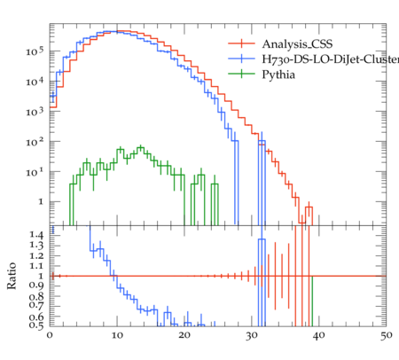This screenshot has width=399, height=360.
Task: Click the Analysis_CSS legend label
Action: pos(297,44)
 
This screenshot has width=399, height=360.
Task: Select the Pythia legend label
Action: pos(278,74)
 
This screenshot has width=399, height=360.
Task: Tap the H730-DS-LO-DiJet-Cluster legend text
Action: pos(331,59)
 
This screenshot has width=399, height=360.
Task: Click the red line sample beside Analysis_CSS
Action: pos(241,43)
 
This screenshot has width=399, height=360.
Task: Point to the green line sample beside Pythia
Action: pos(241,74)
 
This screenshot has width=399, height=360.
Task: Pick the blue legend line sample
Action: pos(241,59)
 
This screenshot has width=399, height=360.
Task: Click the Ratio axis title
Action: pos(12,276)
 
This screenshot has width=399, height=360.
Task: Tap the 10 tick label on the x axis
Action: pos(117,335)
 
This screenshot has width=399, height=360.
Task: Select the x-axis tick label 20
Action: pos(184,335)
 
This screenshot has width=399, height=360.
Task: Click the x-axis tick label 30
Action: pos(252,335)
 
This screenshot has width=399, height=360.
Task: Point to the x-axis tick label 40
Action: pos(319,335)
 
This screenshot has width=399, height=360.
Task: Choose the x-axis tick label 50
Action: pos(387,335)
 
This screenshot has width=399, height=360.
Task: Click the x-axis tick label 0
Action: pos(50,335)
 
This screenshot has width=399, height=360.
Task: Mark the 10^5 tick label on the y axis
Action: pos(35,51)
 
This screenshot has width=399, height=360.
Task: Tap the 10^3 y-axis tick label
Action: pos(35,112)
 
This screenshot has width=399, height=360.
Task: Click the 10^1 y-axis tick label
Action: pos(35,172)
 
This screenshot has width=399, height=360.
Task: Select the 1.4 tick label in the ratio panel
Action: pos(36,235)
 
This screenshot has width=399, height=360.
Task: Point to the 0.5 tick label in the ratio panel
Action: pos(36,325)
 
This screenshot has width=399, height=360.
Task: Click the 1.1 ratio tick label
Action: pos(36,266)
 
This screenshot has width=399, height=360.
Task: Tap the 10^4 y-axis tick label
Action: pos(35,82)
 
